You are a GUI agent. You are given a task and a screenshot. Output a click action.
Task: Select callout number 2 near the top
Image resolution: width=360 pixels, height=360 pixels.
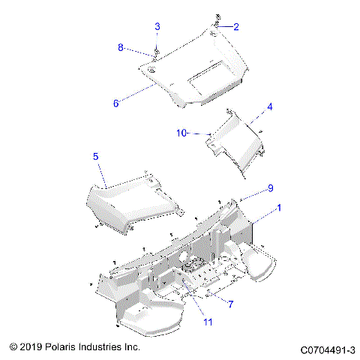click(x=236, y=28)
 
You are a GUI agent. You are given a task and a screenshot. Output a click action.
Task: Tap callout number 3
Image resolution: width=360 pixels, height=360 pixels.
click(x=157, y=26)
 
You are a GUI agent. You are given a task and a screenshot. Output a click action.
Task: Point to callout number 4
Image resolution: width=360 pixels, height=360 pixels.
click(x=269, y=106)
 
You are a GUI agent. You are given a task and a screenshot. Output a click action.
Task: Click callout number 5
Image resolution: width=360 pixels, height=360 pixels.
click(x=96, y=156)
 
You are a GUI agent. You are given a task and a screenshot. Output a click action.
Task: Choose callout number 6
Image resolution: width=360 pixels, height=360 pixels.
click(x=115, y=103)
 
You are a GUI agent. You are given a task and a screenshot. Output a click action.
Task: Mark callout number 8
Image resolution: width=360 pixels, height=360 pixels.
click(x=120, y=48)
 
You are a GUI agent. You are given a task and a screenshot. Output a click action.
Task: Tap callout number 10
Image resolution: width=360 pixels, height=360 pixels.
click(x=181, y=133)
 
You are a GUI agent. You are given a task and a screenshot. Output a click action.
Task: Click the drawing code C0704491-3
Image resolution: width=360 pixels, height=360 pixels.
click(x=328, y=349)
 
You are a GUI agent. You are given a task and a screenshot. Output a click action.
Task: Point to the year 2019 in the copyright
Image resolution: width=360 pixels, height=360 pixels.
click(x=31, y=348)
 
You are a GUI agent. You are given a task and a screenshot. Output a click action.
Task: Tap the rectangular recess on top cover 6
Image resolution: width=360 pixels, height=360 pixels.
click(x=206, y=73)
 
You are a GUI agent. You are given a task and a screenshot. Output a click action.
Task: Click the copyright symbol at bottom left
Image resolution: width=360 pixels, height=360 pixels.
click(x=13, y=348)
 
